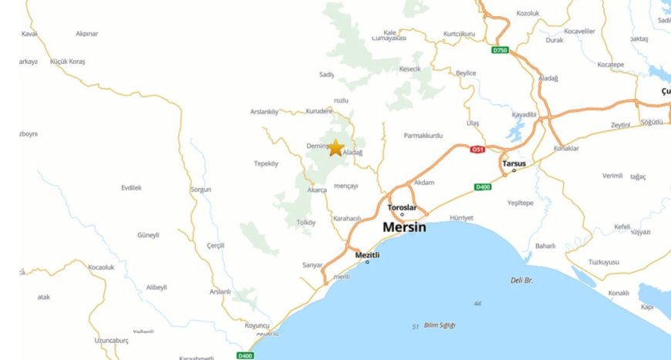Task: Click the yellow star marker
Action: pos(335,147)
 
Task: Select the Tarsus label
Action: pos(513,163)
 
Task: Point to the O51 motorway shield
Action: pos(479,150)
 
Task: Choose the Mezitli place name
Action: pos(368,254)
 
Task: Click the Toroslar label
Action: pos(402,207)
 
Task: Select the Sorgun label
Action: pos(200,189)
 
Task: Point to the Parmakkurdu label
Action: pos(423,136)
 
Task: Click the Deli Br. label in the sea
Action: pos(522,280)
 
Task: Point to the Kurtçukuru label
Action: pos(459,34)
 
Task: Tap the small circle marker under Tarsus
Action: pos(514,170)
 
